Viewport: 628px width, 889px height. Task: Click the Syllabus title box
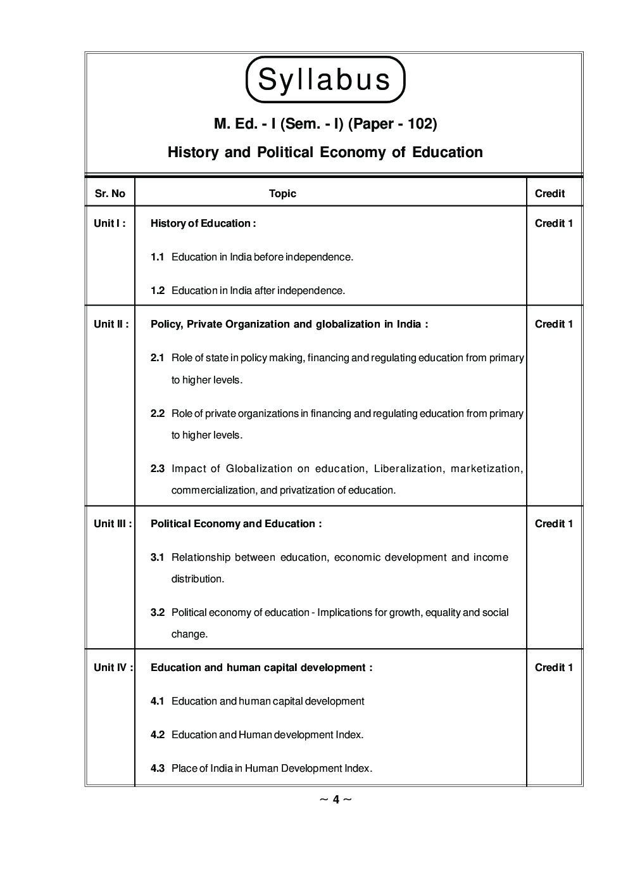click(x=325, y=80)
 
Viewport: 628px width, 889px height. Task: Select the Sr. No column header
click(x=110, y=194)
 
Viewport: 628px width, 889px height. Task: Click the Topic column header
click(x=282, y=194)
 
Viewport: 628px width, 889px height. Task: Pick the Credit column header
click(x=549, y=194)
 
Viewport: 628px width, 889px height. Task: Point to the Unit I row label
click(x=110, y=223)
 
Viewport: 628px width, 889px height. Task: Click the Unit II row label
click(x=111, y=324)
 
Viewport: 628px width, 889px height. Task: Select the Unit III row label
click(x=113, y=523)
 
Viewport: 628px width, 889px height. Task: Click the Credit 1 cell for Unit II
click(x=554, y=324)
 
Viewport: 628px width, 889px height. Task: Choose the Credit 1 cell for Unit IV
click(x=554, y=667)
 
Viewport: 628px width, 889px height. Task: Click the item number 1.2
click(x=158, y=291)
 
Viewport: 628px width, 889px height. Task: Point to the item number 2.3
click(x=158, y=469)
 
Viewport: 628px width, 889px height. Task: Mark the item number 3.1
click(x=158, y=558)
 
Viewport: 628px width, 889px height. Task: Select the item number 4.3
click(x=158, y=769)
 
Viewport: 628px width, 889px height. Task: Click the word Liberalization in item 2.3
click(x=408, y=469)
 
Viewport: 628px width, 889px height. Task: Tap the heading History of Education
click(x=203, y=223)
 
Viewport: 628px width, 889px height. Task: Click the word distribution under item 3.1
click(x=198, y=579)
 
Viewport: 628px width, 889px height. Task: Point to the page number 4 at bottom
click(x=336, y=800)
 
